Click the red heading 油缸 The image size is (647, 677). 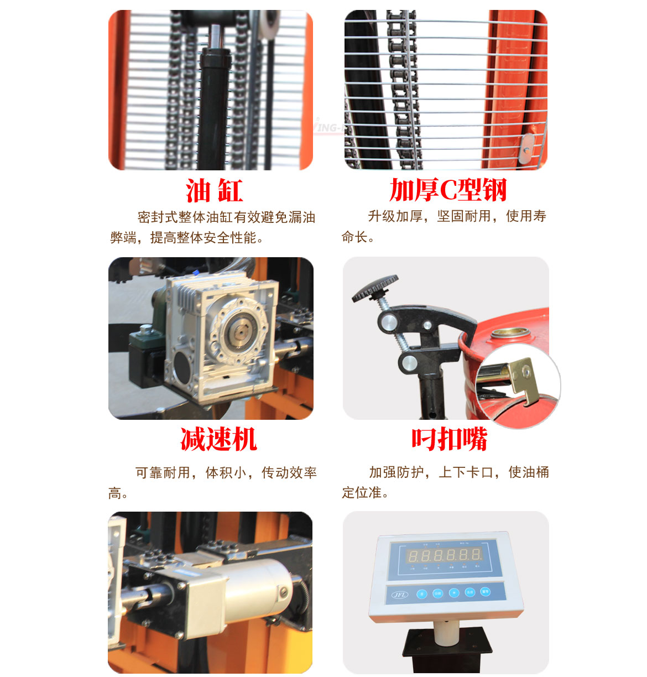coord(214,191)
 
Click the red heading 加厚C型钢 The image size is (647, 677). coord(448,190)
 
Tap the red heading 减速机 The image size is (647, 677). coord(218,439)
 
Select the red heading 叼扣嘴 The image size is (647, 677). coord(449,439)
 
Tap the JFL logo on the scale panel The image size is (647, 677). coord(399,595)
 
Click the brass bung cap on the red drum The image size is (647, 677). coord(510,334)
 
